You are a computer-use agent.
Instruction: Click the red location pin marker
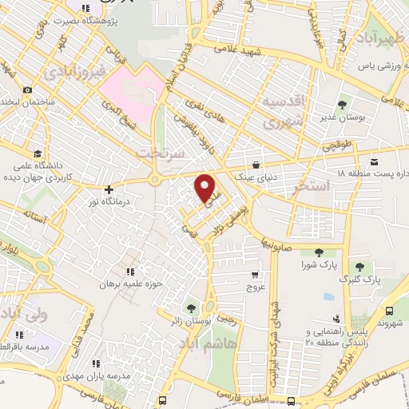point(206,187)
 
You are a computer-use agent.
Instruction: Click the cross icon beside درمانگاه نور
point(109,189)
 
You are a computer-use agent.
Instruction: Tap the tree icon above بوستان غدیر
point(343,104)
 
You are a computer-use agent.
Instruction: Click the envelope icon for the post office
point(375,163)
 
